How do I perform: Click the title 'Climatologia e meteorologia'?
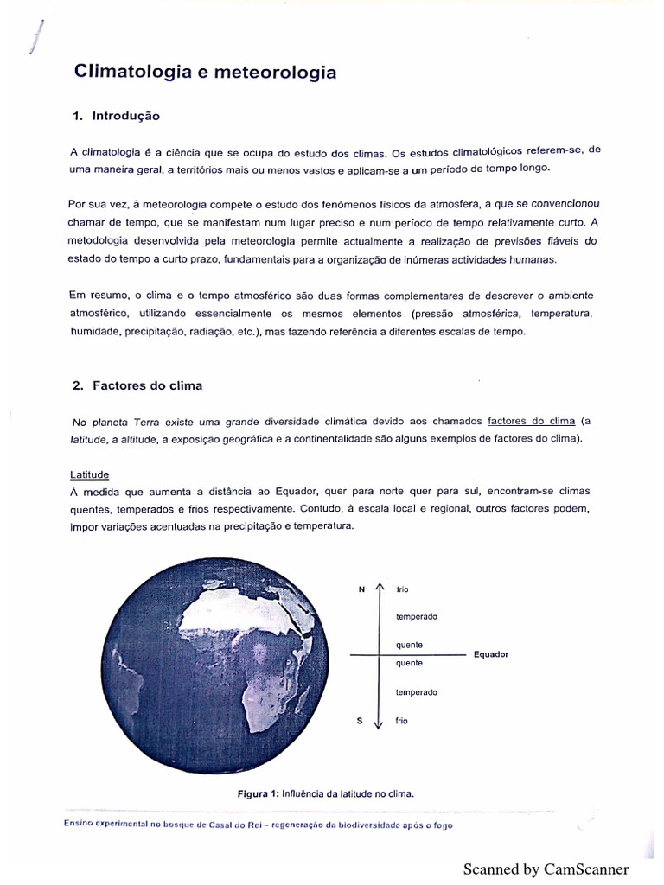(205, 73)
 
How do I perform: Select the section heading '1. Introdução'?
(116, 116)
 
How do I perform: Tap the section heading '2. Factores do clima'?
(137, 385)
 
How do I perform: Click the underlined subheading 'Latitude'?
(89, 474)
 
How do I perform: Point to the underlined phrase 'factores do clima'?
(531, 421)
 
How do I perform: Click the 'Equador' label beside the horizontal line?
(490, 654)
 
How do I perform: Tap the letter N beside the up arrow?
(361, 589)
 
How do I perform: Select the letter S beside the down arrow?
(360, 720)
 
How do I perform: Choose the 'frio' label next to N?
(402, 589)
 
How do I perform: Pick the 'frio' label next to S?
(402, 720)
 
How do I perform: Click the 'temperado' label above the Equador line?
(417, 616)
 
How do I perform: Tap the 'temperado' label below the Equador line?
(417, 692)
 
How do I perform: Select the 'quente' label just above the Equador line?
(409, 645)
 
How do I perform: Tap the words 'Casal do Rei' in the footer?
(235, 825)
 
